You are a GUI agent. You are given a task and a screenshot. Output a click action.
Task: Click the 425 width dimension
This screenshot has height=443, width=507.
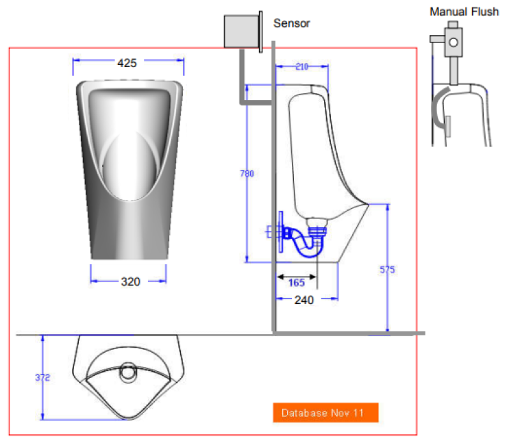click(x=127, y=63)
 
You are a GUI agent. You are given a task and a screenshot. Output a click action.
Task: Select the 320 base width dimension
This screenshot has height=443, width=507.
click(x=131, y=281)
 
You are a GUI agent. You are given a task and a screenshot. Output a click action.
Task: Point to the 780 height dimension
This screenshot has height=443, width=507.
click(x=247, y=173)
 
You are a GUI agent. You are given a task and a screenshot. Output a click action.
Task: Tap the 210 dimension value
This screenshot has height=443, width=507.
click(x=301, y=66)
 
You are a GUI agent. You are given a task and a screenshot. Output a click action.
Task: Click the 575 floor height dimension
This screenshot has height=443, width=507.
click(x=387, y=270)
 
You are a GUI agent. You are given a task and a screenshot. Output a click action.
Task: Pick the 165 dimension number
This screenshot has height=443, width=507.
click(x=297, y=283)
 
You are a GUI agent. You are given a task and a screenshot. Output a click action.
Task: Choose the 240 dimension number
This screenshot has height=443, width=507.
click(x=304, y=300)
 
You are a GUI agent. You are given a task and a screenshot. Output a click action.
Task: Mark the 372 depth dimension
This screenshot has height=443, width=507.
click(x=42, y=377)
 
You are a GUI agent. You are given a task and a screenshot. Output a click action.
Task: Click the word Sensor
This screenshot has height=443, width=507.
click(x=292, y=23)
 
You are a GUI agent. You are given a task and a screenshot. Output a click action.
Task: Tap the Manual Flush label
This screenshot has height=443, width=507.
click(x=465, y=12)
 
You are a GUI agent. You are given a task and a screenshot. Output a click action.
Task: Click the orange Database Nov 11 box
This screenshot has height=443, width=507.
click(x=325, y=412)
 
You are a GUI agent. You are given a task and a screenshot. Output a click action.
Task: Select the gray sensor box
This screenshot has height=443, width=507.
click(x=241, y=31)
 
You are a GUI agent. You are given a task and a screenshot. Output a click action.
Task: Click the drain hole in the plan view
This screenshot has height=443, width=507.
click(x=128, y=372)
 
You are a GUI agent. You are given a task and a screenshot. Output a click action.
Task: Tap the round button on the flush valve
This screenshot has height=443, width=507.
click(x=454, y=42)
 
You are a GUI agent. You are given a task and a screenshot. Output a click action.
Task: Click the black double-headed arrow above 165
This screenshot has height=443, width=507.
click(x=297, y=277)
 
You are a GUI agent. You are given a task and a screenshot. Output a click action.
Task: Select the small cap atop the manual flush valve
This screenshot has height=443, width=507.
click(x=453, y=25)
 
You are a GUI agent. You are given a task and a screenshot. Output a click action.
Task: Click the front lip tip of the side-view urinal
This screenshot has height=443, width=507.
click(x=368, y=204)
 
